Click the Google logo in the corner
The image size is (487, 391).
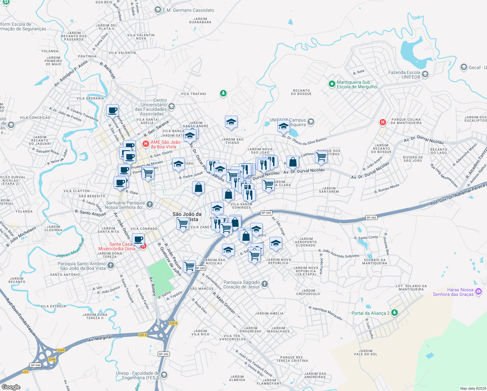11,387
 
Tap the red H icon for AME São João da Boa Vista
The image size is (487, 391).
146,143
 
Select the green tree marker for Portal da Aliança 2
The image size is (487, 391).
395,313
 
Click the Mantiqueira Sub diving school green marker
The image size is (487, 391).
332,84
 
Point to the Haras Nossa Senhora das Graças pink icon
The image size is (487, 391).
478,292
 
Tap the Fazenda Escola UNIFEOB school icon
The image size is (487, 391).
425,75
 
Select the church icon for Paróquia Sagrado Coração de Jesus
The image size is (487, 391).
265,284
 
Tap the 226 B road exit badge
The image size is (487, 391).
174,323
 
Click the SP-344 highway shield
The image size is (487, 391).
35,365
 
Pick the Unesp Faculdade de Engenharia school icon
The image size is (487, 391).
164,375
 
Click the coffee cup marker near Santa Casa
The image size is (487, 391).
138,239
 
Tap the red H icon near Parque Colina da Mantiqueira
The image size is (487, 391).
383,122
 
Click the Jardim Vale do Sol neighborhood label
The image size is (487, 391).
365,353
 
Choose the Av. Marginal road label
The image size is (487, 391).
100,339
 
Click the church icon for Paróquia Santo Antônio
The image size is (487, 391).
111,266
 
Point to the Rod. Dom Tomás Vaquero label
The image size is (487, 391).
22,318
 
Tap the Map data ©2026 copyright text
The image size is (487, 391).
472,388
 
